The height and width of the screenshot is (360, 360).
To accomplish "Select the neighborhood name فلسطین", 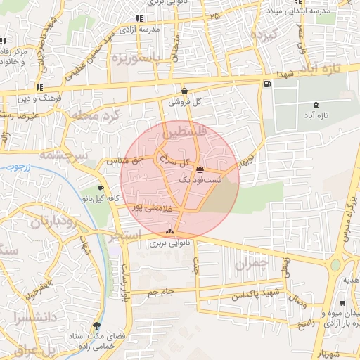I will (185, 131).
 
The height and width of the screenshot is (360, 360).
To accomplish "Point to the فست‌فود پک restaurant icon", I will (201, 169).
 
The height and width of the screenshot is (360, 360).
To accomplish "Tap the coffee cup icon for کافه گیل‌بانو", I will (101, 188).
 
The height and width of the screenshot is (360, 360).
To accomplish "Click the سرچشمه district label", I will (63, 155).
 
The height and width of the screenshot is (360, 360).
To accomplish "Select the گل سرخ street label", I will (176, 162).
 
